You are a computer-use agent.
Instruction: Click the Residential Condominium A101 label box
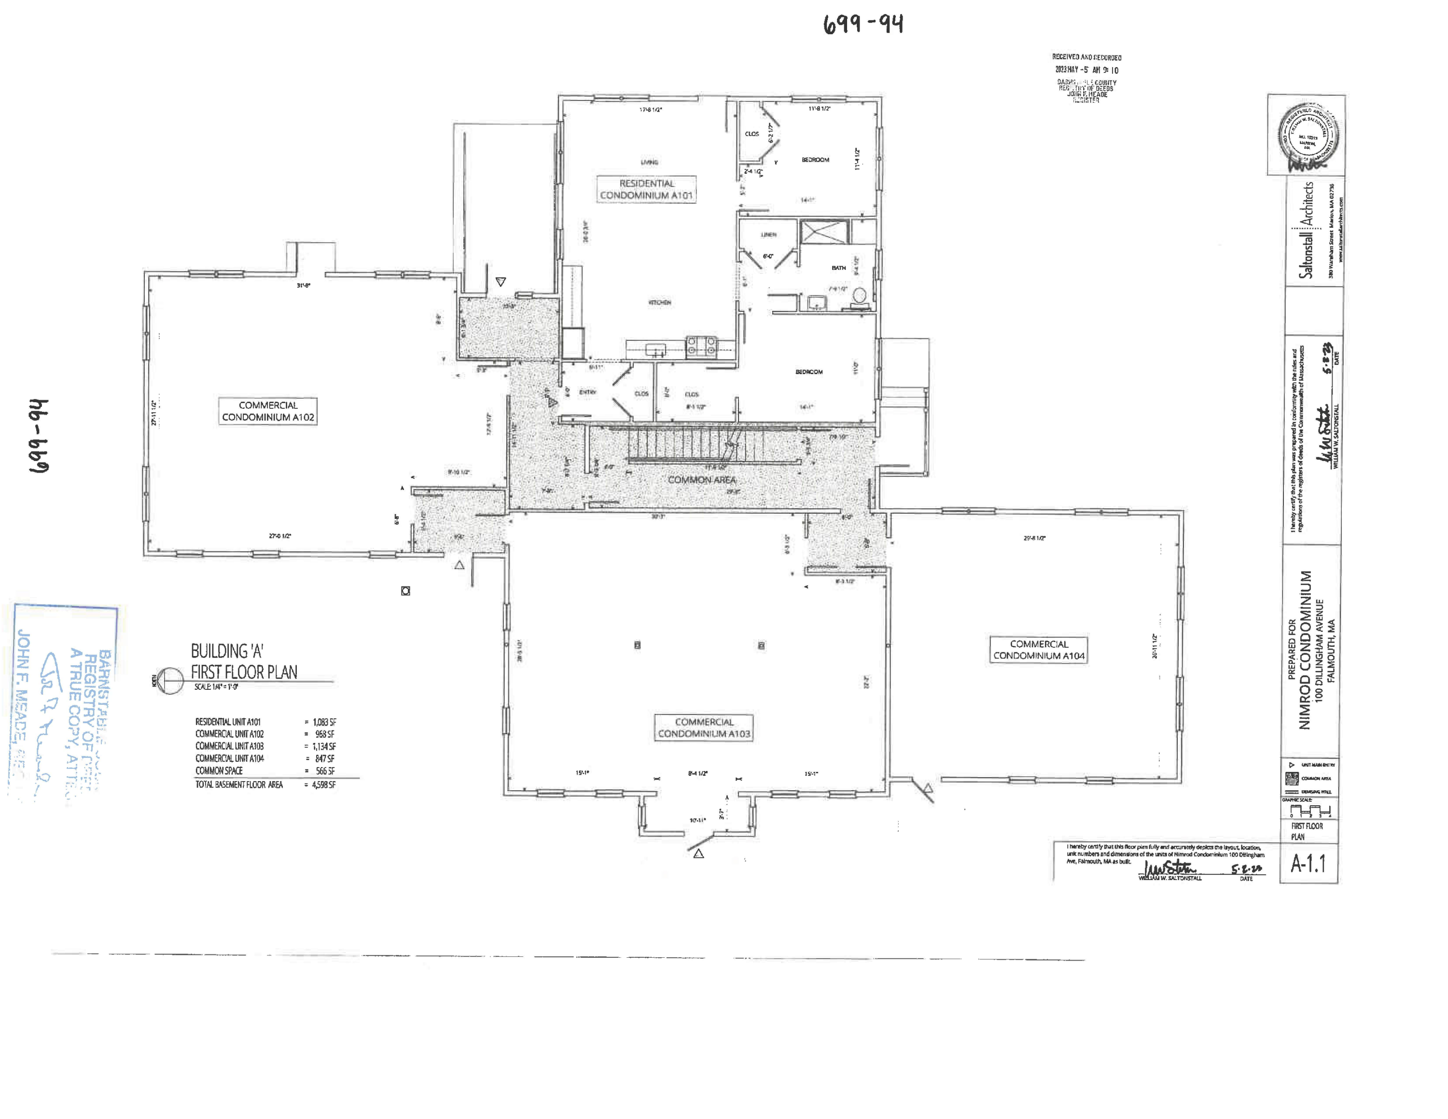click(646, 189)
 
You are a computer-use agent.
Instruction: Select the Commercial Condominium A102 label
click(268, 411)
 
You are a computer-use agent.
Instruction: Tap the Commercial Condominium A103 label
click(703, 727)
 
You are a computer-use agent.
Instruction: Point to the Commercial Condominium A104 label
click(1038, 650)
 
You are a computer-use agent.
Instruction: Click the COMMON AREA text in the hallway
click(701, 479)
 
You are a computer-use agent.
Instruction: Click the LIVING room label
click(649, 162)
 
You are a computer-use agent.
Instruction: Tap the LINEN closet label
click(768, 235)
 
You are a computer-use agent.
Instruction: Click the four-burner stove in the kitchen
click(701, 345)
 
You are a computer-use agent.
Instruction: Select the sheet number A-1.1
click(1308, 863)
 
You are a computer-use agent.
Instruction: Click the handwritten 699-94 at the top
click(863, 25)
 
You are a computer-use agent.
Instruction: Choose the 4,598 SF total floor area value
click(323, 784)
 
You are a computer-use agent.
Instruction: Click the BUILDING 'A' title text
click(227, 651)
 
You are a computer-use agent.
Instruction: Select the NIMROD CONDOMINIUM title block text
click(1304, 650)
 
